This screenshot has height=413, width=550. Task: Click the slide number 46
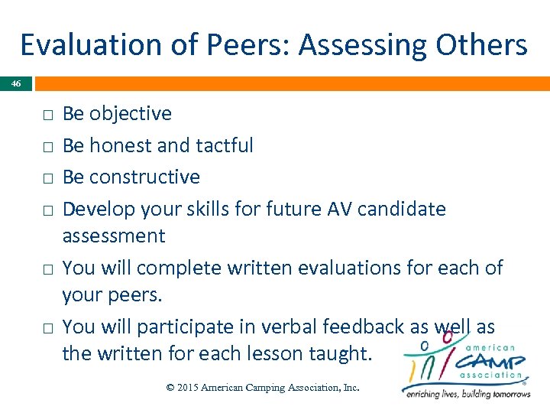[16, 83]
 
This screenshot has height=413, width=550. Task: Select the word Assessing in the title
[363, 45]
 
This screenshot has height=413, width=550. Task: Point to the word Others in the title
[481, 45]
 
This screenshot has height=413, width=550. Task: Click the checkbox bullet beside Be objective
[47, 115]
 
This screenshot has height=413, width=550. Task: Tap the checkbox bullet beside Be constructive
[47, 178]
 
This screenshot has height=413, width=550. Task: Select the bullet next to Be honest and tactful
[47, 146]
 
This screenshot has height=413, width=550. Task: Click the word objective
[131, 114]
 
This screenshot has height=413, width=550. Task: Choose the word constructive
[144, 177]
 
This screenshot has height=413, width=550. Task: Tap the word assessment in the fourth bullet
[114, 236]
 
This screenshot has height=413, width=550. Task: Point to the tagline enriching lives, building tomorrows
[467, 394]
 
